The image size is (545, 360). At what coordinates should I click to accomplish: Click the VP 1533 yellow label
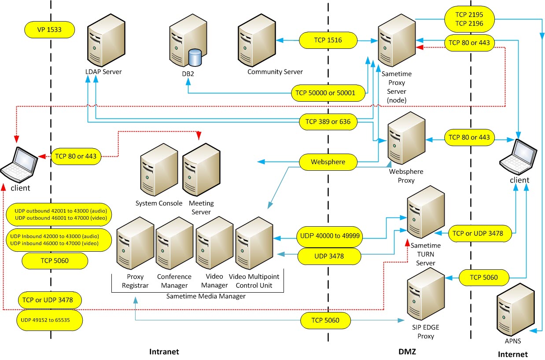(x=48, y=30)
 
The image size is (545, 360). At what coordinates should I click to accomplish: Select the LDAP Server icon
(x=103, y=42)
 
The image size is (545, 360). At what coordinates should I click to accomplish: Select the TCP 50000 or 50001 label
(x=329, y=92)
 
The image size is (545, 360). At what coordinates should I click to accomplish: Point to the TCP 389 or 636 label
(x=328, y=121)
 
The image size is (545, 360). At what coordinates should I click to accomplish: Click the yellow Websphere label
(x=328, y=162)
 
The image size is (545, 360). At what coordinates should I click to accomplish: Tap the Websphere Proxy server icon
(x=405, y=138)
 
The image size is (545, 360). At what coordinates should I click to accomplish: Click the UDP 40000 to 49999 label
(x=329, y=236)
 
